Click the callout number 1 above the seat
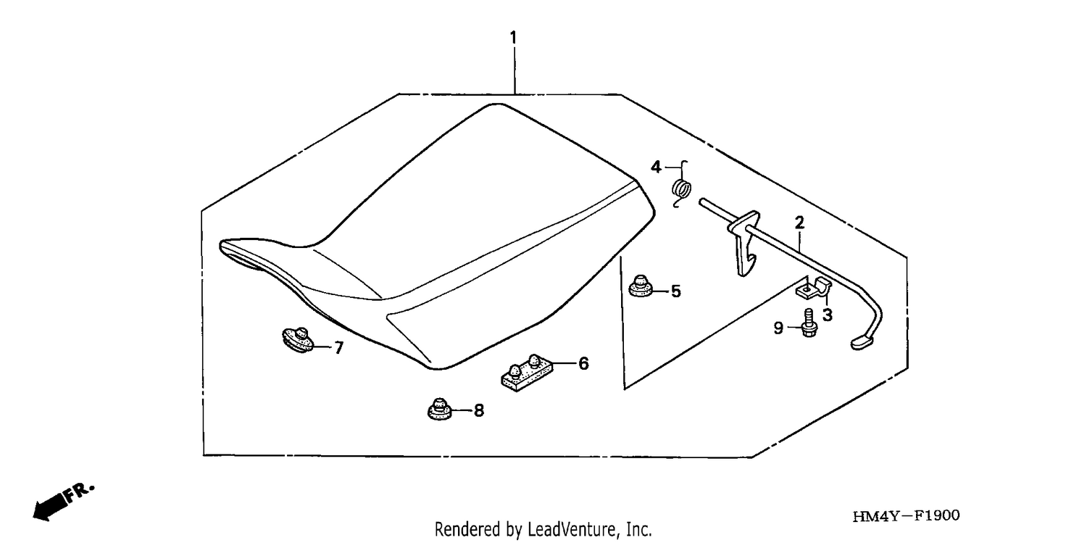point(513,38)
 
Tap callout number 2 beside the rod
point(799,223)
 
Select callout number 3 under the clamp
point(828,315)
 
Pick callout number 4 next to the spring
point(656,167)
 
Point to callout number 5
point(676,291)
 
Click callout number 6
point(584,363)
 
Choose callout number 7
point(339,347)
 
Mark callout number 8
point(479,410)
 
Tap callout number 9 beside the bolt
point(778,328)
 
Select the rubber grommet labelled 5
point(641,286)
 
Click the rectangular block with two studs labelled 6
point(527,373)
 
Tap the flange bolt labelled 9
point(809,323)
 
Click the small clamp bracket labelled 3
point(814,289)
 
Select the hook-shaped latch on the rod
point(744,244)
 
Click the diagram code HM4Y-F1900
point(906,515)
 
